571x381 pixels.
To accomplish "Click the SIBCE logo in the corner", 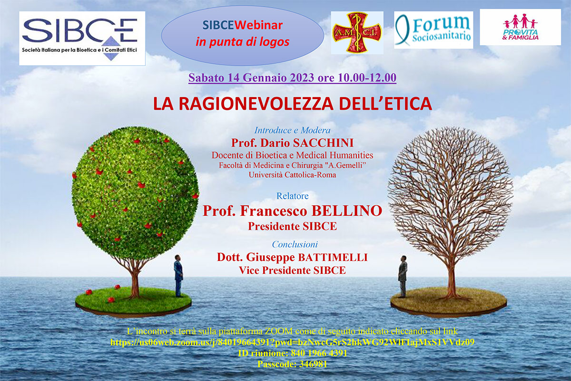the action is (x=82, y=38).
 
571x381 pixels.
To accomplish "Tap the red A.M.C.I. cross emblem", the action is (x=357, y=33).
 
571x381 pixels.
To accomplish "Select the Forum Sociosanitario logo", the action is (x=433, y=30).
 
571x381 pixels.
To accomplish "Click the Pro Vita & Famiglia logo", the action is (x=520, y=27).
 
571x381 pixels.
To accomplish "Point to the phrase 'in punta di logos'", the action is (x=242, y=42).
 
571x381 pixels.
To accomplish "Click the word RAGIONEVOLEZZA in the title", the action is (x=256, y=104).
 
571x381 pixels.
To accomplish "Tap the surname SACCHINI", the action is (x=323, y=143).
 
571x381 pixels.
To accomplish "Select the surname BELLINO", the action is (x=347, y=211).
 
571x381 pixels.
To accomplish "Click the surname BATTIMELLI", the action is (x=333, y=257).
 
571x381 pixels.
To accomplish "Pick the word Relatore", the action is (x=292, y=196).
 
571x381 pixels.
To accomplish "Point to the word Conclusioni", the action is (x=295, y=244).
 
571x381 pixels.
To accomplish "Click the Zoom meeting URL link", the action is (x=292, y=342).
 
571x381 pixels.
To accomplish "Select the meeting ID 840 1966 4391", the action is (x=319, y=353).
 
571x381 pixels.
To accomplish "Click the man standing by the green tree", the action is (x=178, y=276).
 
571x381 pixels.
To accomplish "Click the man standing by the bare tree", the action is (x=403, y=276).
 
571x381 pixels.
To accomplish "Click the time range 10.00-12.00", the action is (x=367, y=78).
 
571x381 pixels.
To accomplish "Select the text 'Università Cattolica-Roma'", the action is (x=292, y=175).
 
